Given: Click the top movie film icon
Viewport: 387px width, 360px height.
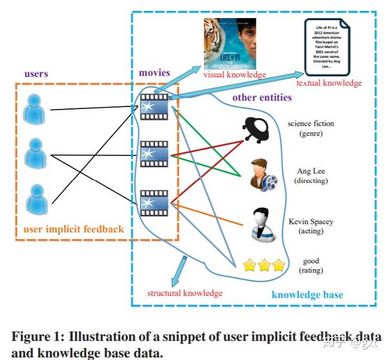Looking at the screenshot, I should pos(154,106).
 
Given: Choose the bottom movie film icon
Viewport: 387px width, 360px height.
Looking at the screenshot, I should pos(154,201).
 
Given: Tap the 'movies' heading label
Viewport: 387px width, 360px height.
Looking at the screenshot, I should pos(154,72).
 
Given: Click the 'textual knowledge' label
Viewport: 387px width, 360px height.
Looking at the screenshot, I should pos(329,83).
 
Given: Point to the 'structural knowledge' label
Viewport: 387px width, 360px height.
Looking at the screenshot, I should pos(185,293).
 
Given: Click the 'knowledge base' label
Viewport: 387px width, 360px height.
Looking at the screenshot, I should pos(307,295).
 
